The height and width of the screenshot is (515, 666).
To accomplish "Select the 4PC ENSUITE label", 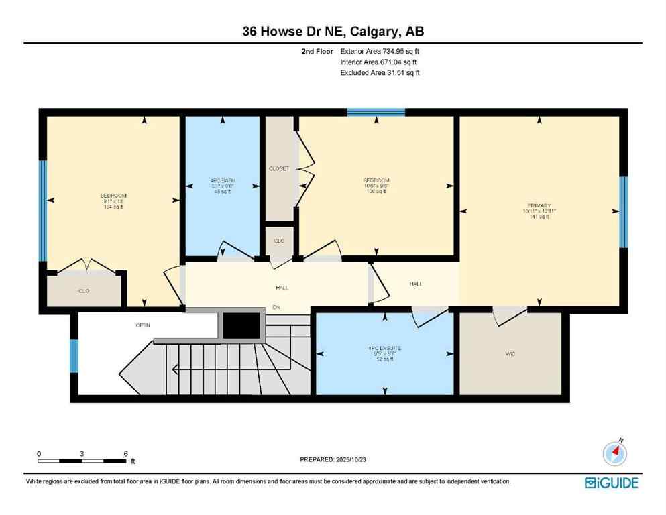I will click(384, 348).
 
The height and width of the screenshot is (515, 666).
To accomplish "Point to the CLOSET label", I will click(279, 169).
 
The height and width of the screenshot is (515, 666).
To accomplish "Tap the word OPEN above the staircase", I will click(142, 325).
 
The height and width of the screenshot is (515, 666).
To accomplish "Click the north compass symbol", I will click(614, 454).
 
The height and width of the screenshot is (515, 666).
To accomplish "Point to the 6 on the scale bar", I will click(125, 454).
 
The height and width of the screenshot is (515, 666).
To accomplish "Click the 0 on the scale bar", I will click(40, 454).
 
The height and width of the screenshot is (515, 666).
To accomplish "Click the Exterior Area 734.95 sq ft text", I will click(380, 51).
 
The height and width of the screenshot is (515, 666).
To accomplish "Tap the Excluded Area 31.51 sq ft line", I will click(380, 72).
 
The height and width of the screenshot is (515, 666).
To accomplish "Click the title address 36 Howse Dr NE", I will click(333, 31).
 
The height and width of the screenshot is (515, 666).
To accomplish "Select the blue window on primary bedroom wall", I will click(623, 212).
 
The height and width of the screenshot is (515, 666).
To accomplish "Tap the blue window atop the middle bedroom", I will click(376, 112).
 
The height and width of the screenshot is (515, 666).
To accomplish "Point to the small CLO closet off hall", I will click(279, 240).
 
